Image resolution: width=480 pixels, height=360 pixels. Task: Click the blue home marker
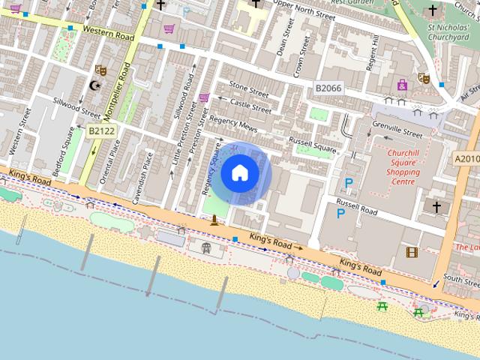[239, 173]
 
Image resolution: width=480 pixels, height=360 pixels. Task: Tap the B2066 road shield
[328, 88]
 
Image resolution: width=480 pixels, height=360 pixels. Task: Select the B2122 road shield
[101, 130]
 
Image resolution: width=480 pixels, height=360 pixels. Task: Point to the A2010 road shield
[466, 159]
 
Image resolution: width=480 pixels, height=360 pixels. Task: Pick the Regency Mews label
[233, 124]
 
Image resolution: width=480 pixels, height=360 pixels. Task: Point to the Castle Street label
[250, 105]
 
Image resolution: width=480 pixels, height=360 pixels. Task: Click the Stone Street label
[249, 89]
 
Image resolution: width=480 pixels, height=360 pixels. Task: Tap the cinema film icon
[411, 252]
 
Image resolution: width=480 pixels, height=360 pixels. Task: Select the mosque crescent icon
[94, 85]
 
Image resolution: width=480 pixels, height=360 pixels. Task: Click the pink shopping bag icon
[403, 84]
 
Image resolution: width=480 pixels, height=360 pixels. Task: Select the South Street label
[460, 277]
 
